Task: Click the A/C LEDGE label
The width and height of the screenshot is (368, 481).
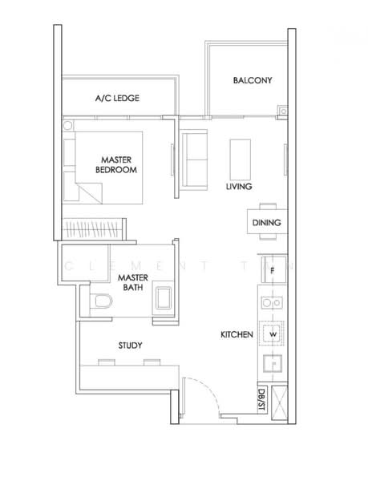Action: [x=118, y=98]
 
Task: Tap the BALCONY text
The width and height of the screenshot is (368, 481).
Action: [x=253, y=81]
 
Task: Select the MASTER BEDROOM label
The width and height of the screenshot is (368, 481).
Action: [x=116, y=164]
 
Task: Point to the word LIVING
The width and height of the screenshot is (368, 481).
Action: [x=239, y=186]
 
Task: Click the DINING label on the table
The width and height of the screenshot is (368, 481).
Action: [x=266, y=223]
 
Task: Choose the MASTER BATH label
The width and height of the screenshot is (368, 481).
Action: [x=130, y=284]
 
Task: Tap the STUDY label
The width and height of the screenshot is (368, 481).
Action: [x=130, y=346]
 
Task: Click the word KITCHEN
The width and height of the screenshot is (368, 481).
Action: [x=238, y=333]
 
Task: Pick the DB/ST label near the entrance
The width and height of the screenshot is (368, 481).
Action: [x=262, y=398]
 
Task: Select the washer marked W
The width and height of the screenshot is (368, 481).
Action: [x=273, y=333]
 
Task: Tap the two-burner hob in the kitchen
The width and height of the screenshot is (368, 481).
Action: [x=272, y=304]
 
